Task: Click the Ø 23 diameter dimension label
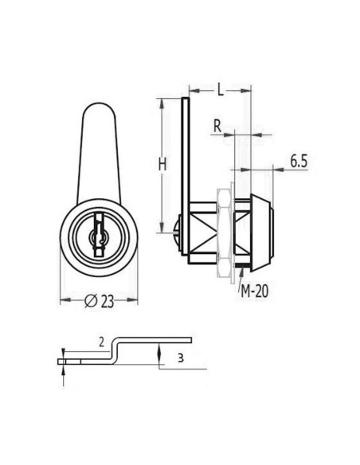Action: (x=100, y=300)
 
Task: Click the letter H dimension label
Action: (x=162, y=164)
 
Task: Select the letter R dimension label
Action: (x=217, y=125)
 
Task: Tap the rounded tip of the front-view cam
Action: (x=100, y=111)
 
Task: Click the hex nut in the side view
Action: (x=225, y=231)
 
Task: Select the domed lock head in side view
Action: (x=261, y=230)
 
